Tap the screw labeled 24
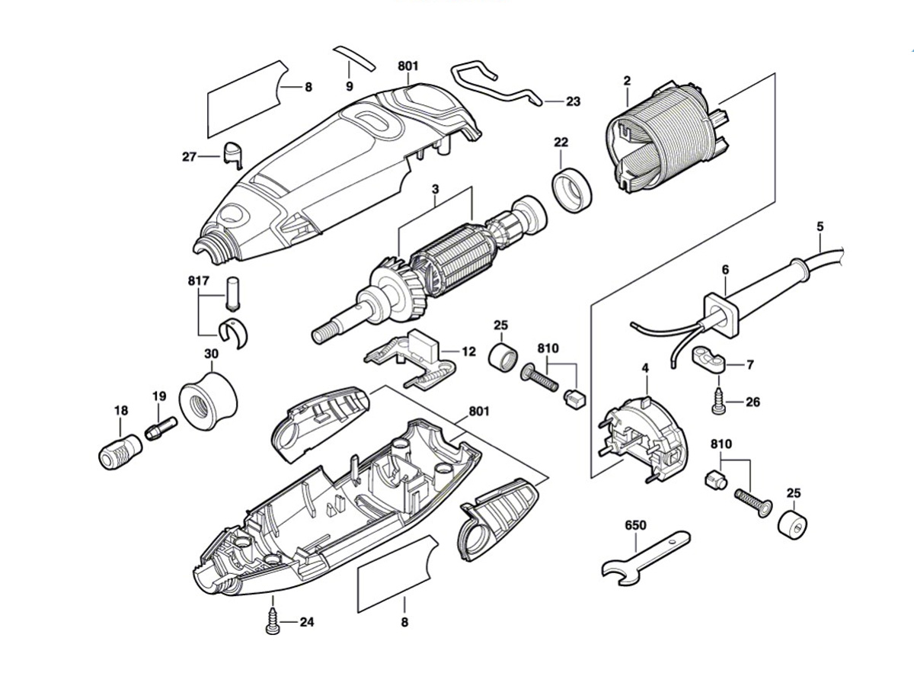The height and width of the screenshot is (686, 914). coord(272,622)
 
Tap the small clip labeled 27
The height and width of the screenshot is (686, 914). coord(232,152)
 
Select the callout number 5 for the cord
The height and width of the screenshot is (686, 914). coord(820,226)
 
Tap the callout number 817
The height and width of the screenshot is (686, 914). coord(197,280)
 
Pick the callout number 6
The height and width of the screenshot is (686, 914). coord(725,270)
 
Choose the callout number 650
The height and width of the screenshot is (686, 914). coord(634,526)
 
